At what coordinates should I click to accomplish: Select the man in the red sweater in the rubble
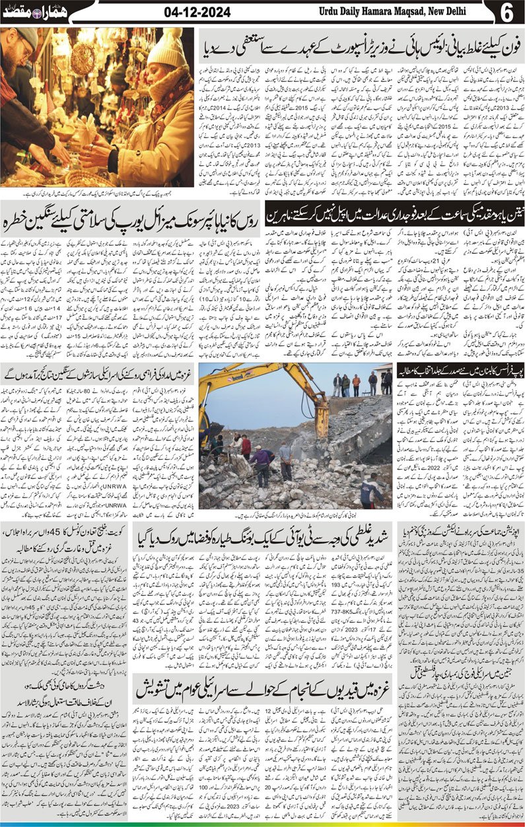point(246,447)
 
